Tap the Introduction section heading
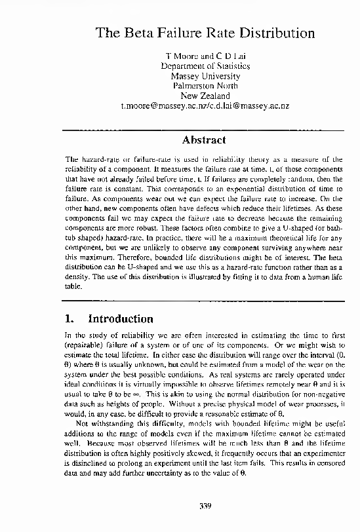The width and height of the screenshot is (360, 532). coord(121,319)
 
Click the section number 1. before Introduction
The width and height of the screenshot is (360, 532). coord(71,319)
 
